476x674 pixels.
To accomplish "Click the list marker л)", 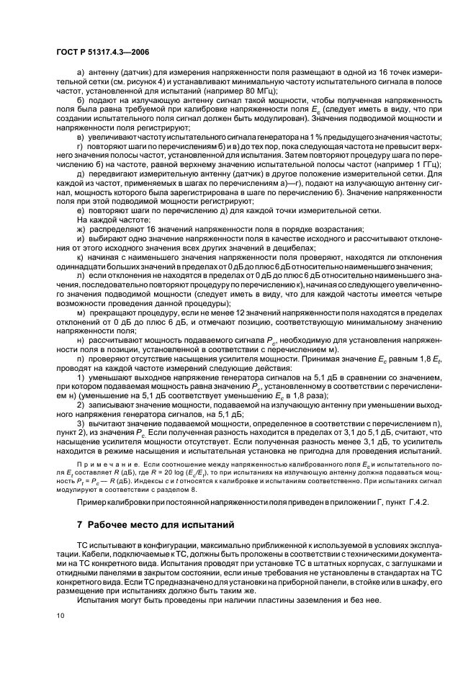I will tap(79, 274).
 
